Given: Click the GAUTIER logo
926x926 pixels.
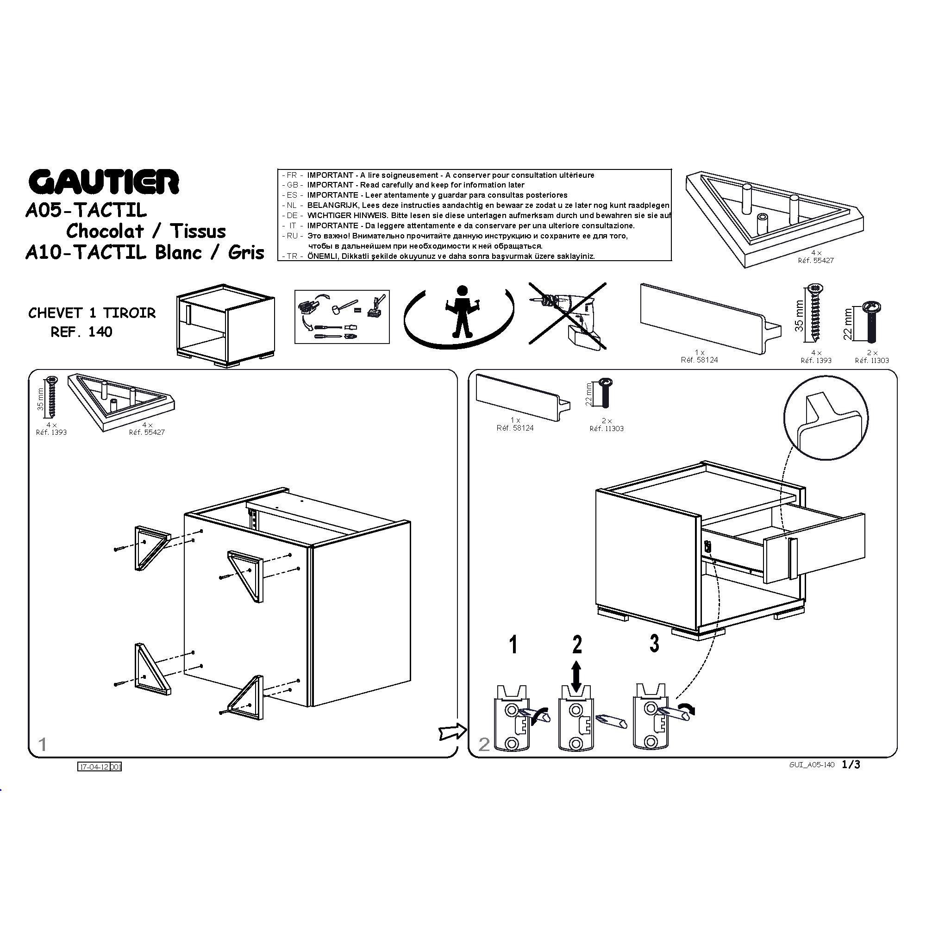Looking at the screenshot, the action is (104, 181).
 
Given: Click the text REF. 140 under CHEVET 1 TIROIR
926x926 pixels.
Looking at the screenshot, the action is (81, 332).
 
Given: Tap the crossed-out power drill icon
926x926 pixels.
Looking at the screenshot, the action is (568, 316).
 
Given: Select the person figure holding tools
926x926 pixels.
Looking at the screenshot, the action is (462, 312).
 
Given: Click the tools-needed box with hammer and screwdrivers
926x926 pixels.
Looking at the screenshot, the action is (342, 316).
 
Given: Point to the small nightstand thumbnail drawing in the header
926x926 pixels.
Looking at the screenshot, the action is (225, 325).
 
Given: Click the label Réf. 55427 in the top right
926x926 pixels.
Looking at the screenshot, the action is (816, 261).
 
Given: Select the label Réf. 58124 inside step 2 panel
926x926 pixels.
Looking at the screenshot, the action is (515, 428).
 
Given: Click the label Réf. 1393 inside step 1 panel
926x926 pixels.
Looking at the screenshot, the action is (51, 432).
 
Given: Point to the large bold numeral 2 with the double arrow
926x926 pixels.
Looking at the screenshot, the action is (577, 644).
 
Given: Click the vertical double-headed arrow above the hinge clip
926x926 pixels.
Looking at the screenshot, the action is (576, 677).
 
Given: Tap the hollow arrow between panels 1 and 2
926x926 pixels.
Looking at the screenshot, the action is (453, 732).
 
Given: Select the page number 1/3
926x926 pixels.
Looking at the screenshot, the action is (851, 764).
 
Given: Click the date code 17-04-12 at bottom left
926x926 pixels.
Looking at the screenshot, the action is (94, 767).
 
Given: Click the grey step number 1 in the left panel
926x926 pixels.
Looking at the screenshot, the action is (43, 745).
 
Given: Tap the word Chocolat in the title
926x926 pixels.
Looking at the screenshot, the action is (105, 231).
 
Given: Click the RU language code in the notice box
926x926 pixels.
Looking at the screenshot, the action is (292, 236).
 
